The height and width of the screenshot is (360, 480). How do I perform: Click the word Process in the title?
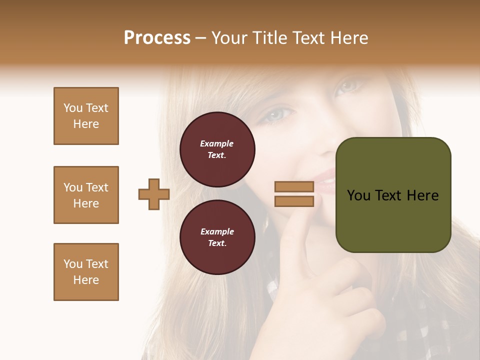[x=157, y=38]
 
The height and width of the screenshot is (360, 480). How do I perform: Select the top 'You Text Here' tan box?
[x=86, y=116]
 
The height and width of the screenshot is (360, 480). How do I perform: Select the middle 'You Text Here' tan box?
[x=86, y=195]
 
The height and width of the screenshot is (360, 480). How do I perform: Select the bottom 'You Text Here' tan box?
[x=86, y=272]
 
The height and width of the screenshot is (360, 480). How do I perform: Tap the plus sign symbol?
[x=154, y=194]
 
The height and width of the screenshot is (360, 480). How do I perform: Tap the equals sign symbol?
[x=294, y=194]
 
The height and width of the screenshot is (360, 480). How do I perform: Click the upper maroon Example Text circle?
[x=217, y=149]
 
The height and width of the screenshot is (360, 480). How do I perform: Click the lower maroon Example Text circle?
[x=217, y=237]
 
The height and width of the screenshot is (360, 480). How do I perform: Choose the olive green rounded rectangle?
[x=393, y=195]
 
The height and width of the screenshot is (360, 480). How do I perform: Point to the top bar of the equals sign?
[x=294, y=187]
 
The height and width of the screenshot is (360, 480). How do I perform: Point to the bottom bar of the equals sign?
[x=294, y=201]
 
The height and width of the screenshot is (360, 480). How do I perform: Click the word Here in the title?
[x=350, y=38]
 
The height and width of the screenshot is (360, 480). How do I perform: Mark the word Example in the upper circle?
[x=217, y=143]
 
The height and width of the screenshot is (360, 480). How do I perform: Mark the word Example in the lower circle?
[x=217, y=231]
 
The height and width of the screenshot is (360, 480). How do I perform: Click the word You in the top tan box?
[x=73, y=108]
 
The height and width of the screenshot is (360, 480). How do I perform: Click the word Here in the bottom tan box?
[x=86, y=280]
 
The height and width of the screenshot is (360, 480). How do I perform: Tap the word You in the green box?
[x=358, y=195]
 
